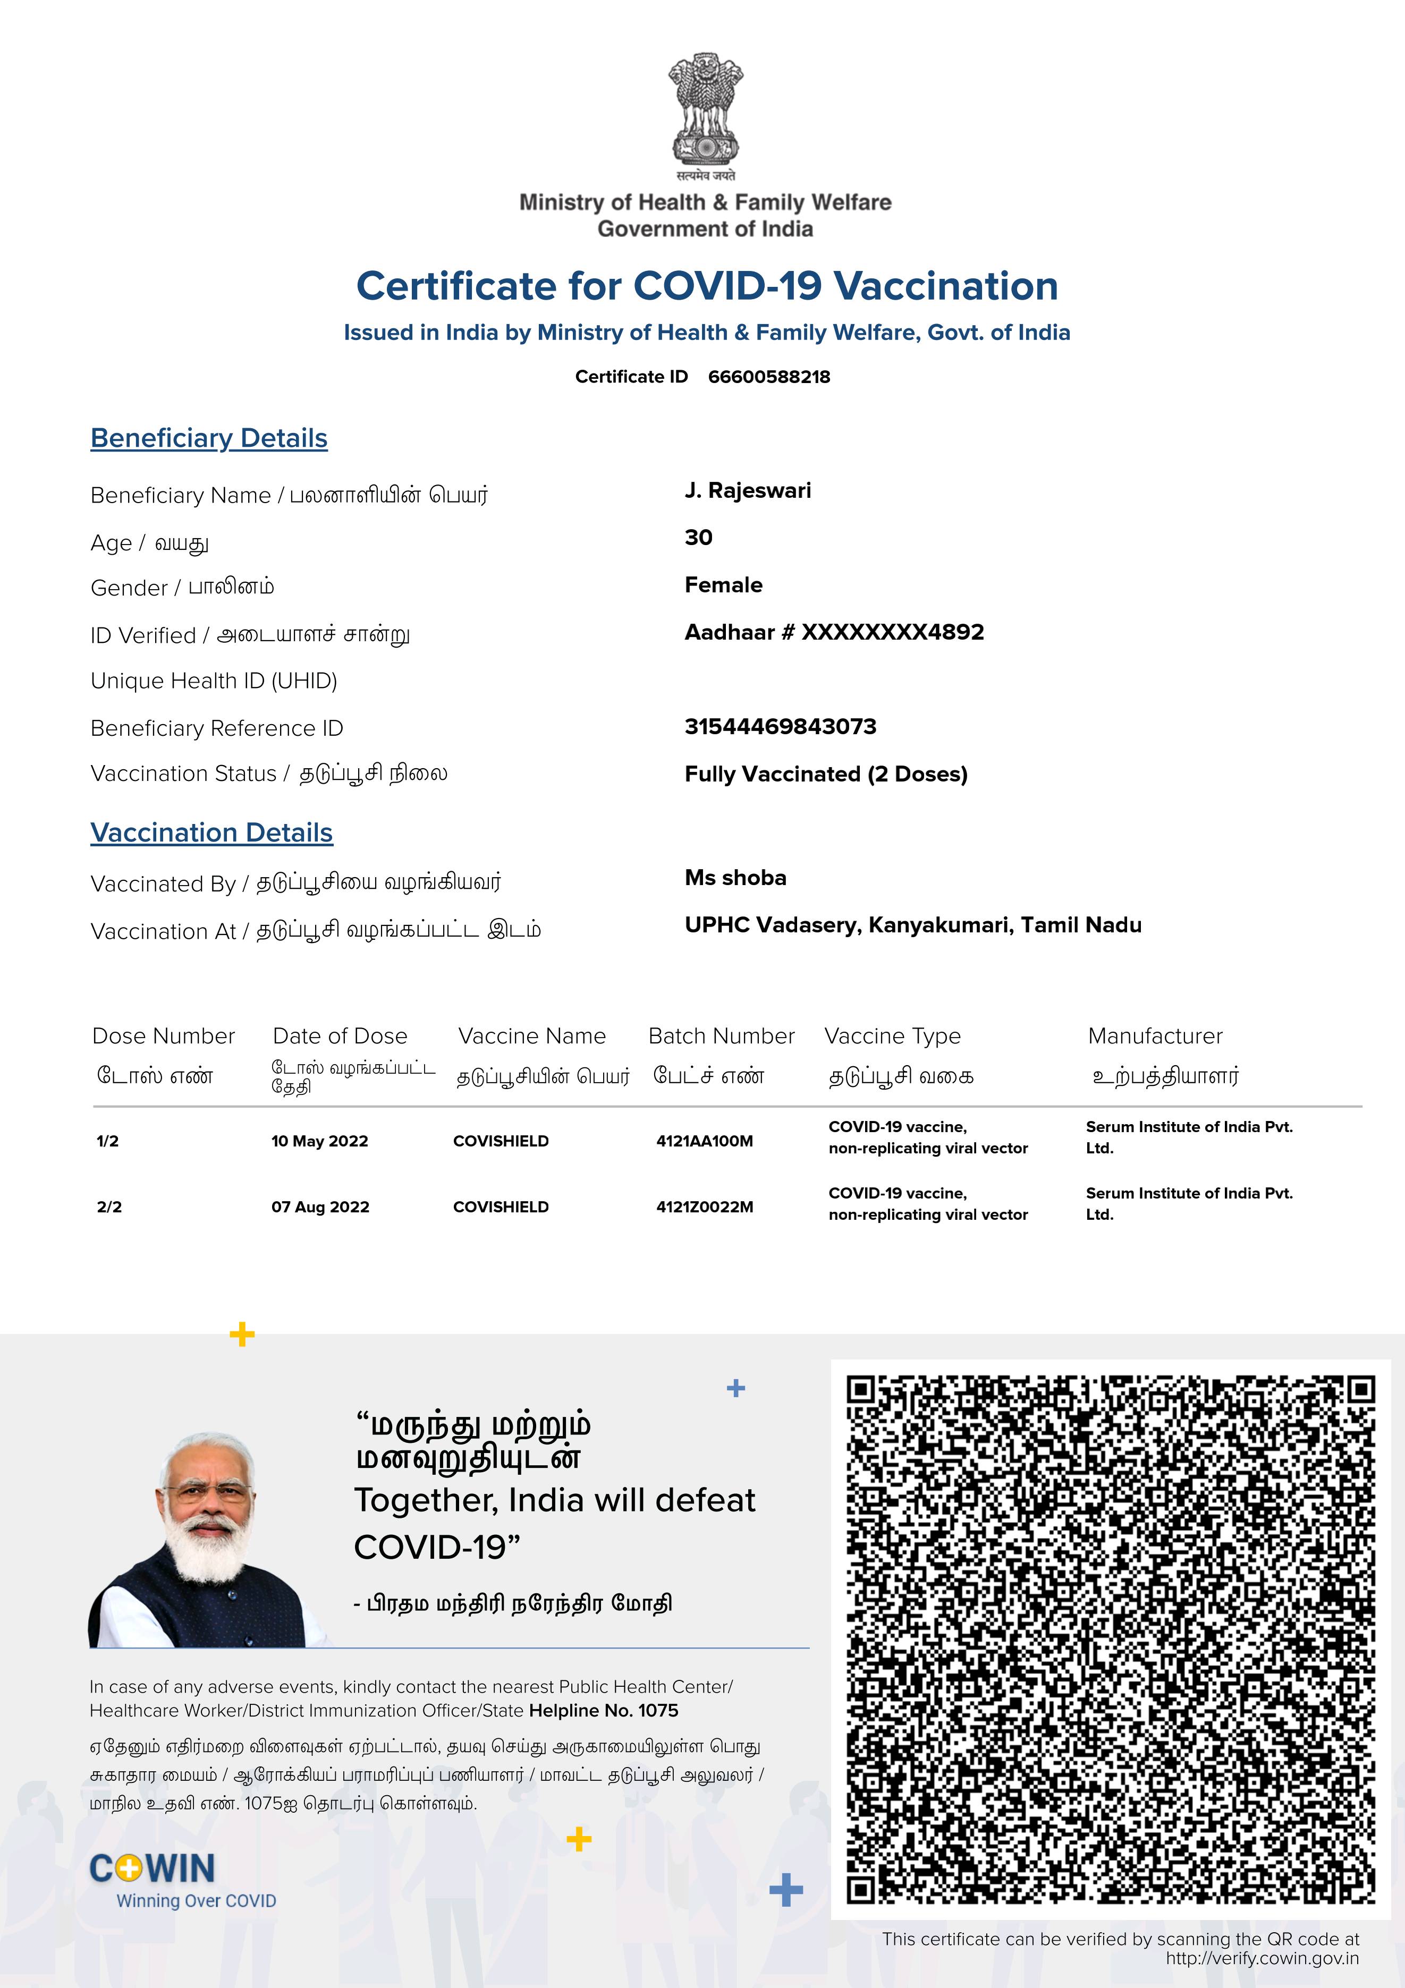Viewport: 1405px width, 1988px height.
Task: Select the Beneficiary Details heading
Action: click(209, 438)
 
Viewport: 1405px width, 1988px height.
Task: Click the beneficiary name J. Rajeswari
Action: click(748, 491)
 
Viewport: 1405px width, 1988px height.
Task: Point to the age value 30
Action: click(698, 538)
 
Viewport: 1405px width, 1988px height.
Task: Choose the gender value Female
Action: click(723, 585)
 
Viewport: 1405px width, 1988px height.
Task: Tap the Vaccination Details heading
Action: click(211, 833)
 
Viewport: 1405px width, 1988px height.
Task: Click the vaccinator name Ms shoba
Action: click(735, 878)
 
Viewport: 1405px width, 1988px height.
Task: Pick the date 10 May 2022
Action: click(320, 1141)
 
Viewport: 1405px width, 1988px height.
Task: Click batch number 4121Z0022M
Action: click(704, 1207)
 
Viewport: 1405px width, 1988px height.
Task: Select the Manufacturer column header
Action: click(1155, 1037)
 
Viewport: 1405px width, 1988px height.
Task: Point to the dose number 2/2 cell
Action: click(109, 1207)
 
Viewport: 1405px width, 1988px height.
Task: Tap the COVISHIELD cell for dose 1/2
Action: click(501, 1141)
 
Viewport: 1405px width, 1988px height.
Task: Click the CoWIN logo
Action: click(153, 1868)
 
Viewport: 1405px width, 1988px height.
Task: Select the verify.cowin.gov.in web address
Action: click(1261, 1959)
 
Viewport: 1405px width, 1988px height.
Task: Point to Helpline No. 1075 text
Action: click(603, 1711)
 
